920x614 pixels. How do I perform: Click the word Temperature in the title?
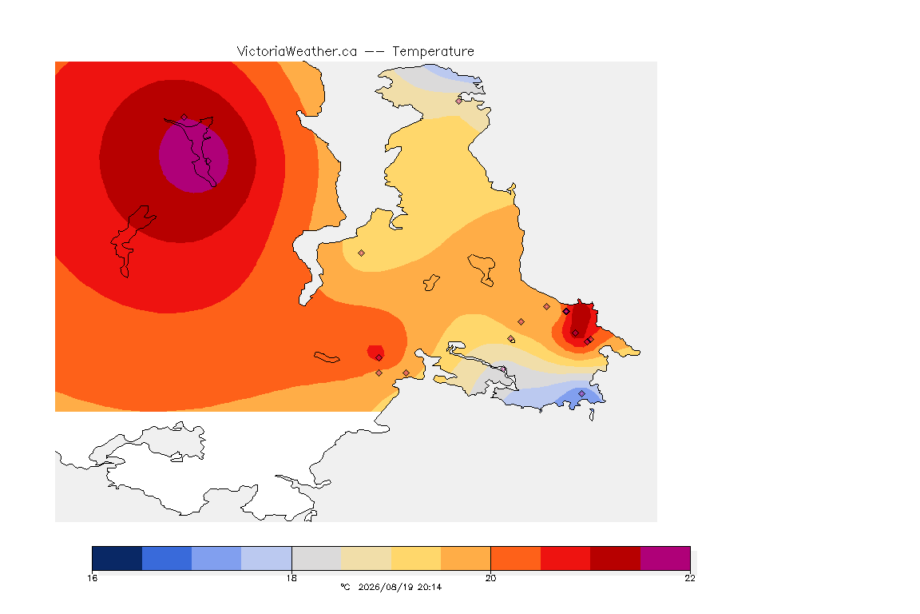tap(433, 52)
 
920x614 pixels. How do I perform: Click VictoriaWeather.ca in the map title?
tap(297, 52)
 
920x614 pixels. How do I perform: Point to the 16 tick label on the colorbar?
tap(92, 578)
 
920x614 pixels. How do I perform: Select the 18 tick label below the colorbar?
tap(291, 578)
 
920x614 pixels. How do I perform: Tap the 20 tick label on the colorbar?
tap(490, 578)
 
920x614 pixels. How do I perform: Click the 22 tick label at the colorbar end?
tap(690, 578)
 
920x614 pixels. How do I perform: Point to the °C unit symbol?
tap(346, 587)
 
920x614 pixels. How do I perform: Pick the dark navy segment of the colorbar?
tap(117, 558)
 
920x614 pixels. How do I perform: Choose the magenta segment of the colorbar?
tap(664, 558)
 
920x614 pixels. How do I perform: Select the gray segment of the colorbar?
tap(316, 558)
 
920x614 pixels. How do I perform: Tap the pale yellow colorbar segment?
tap(416, 558)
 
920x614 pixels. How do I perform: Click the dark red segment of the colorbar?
tap(615, 558)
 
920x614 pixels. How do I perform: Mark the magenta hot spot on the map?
tap(193, 156)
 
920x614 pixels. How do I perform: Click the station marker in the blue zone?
tap(581, 393)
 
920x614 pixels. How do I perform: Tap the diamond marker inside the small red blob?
tap(379, 358)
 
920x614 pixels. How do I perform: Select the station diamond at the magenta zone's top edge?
tap(184, 118)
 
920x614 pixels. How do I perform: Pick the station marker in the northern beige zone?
tap(459, 101)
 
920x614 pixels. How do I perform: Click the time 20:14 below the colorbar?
tap(430, 587)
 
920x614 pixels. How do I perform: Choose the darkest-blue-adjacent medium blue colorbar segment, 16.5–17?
tap(167, 558)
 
